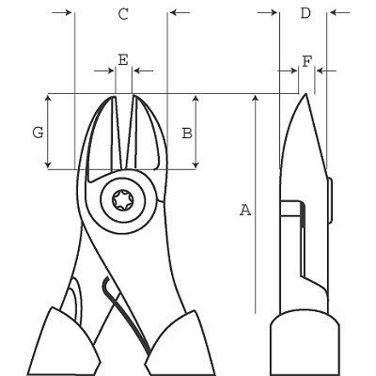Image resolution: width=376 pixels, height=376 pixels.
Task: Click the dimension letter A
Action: coord(245,210)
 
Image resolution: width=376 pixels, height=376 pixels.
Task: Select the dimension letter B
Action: coord(186,133)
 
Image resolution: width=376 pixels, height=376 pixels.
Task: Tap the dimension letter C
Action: coord(122,13)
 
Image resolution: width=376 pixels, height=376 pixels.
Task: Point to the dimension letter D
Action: coord(305,13)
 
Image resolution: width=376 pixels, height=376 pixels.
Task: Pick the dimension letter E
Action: coord(122,59)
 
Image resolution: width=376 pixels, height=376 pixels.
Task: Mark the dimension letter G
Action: coord(37,133)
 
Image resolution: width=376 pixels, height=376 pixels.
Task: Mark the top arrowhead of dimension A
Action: coord(255,99)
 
